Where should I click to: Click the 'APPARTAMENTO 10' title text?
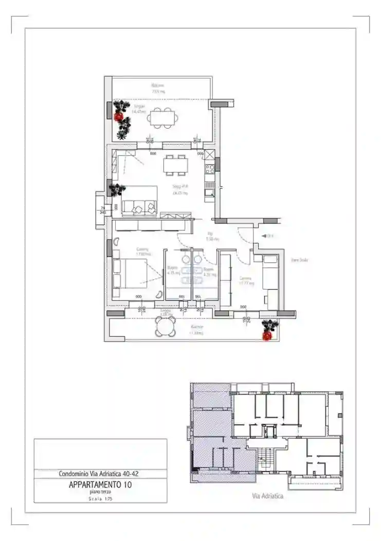tap(101, 485)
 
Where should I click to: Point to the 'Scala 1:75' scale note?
tap(100, 499)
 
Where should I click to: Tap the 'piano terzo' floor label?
tap(100, 492)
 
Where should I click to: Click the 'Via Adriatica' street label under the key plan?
tap(267, 497)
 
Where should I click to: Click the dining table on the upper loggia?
tap(164, 119)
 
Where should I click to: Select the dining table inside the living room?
tap(175, 165)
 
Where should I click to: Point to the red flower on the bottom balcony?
tap(267, 335)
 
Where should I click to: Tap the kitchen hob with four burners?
tap(210, 169)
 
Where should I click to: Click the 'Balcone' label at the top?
tap(158, 85)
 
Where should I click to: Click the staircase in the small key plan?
tap(266, 455)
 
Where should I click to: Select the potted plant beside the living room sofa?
tap(117, 189)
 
